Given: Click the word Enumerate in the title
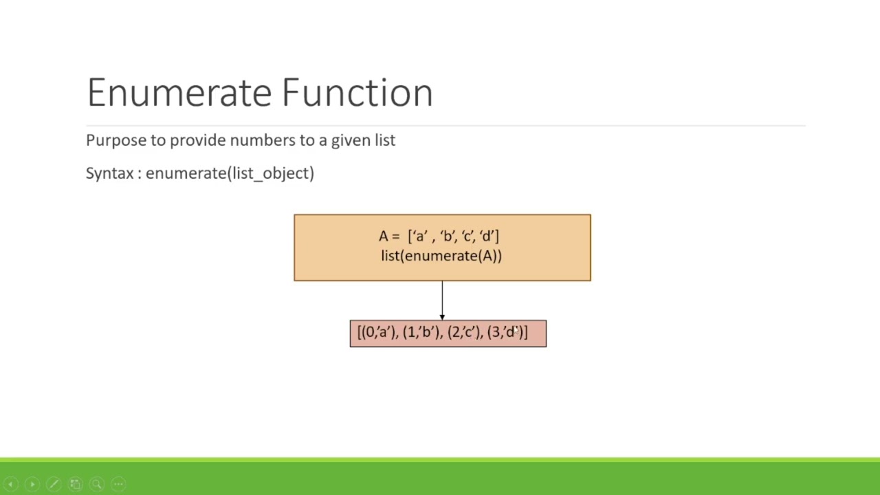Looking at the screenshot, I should pos(179,93).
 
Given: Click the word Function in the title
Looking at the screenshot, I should pos(357,93).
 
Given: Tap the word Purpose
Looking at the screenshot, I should pos(116,140).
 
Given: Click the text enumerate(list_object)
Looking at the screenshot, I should pos(230,173).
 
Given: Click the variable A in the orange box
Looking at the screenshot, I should pos(383,236).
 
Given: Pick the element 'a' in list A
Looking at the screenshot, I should pos(419,236).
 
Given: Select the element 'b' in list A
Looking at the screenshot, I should pos(448,236).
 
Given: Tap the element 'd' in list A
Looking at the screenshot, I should pos(487,236).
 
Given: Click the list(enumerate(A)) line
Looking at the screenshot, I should pos(441,256).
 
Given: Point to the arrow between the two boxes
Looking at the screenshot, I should pos(442,300).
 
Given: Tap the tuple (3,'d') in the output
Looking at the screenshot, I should pos(505,333).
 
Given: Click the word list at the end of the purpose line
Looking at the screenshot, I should pos(385,140).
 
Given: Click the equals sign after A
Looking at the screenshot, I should pos(395,236).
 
